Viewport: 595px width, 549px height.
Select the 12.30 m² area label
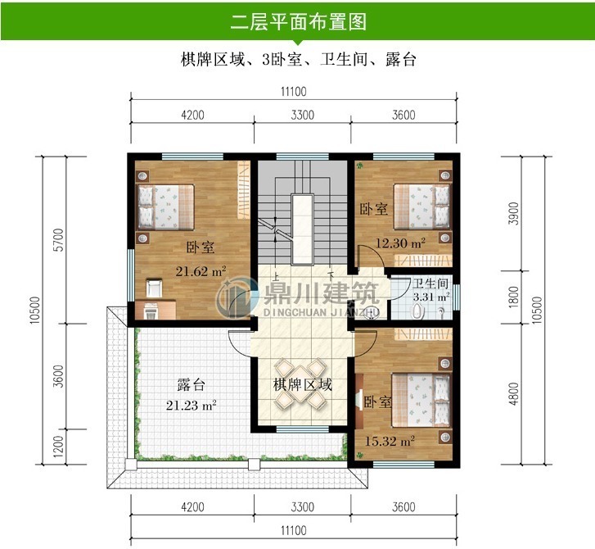[400, 243]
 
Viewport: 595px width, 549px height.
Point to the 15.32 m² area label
[390, 442]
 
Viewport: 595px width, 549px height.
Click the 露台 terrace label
[191, 384]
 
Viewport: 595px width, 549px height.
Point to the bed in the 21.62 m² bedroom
[167, 206]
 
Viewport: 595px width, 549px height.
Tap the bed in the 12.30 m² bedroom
[421, 204]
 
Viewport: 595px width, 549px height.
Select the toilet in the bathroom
[419, 311]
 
